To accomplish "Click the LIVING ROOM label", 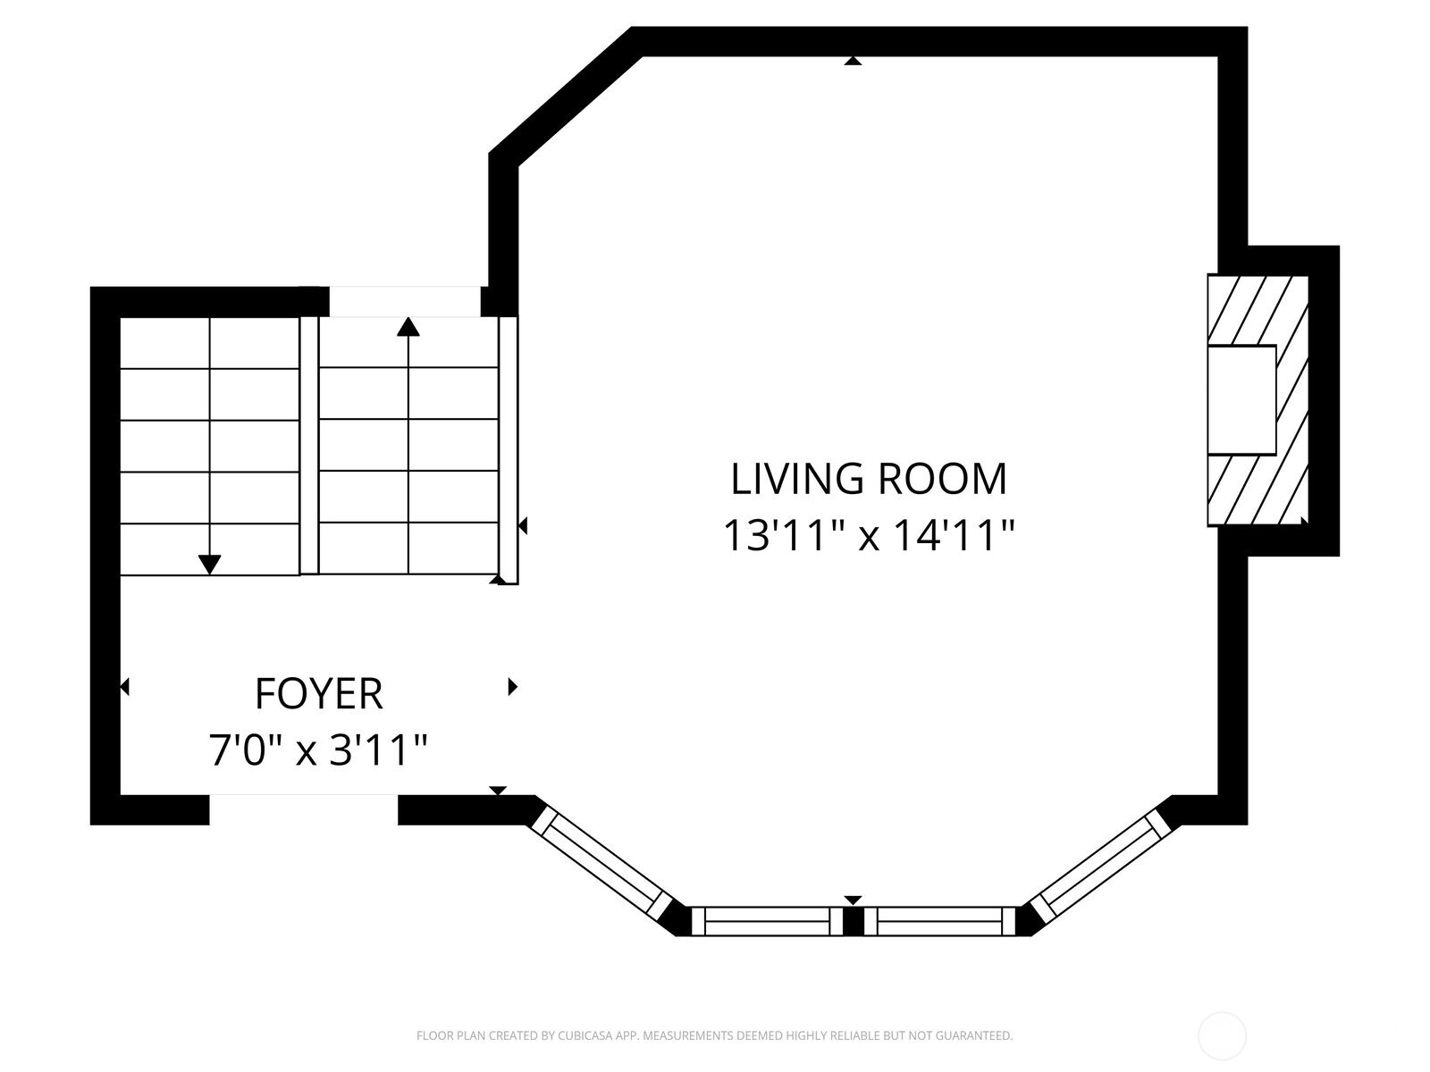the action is click(x=869, y=479).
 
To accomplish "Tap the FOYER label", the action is click(x=318, y=694).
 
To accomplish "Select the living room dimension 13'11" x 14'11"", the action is click(x=869, y=536).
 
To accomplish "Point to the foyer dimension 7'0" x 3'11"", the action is click(x=318, y=750).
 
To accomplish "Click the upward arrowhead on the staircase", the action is click(x=408, y=326).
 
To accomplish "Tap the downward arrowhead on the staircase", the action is click(x=209, y=565).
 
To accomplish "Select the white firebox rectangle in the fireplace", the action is click(x=1241, y=399).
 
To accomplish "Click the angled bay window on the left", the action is click(x=601, y=862).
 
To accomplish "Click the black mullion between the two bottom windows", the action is click(x=853, y=921).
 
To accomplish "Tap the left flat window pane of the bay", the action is click(x=767, y=921).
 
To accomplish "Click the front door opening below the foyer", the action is click(x=304, y=809).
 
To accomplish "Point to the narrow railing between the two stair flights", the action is click(x=309, y=446).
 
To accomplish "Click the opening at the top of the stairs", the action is click(x=405, y=301).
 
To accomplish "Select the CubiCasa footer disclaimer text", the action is click(x=715, y=1035).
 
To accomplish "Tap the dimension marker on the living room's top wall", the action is click(x=853, y=61).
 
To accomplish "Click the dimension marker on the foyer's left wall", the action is click(x=125, y=687).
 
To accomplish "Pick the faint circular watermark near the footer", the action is click(x=1222, y=1036).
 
